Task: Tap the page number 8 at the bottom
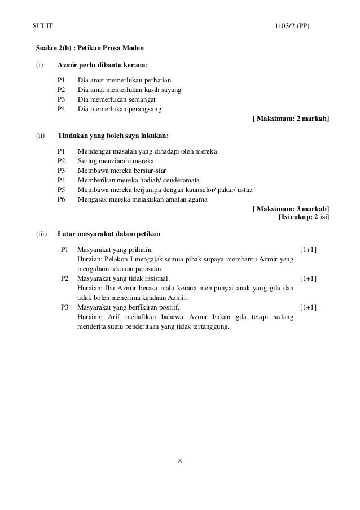(x=179, y=461)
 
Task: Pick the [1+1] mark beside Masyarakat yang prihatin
(x=308, y=249)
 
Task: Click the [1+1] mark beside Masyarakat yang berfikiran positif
(x=308, y=307)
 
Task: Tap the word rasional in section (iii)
(x=152, y=278)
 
